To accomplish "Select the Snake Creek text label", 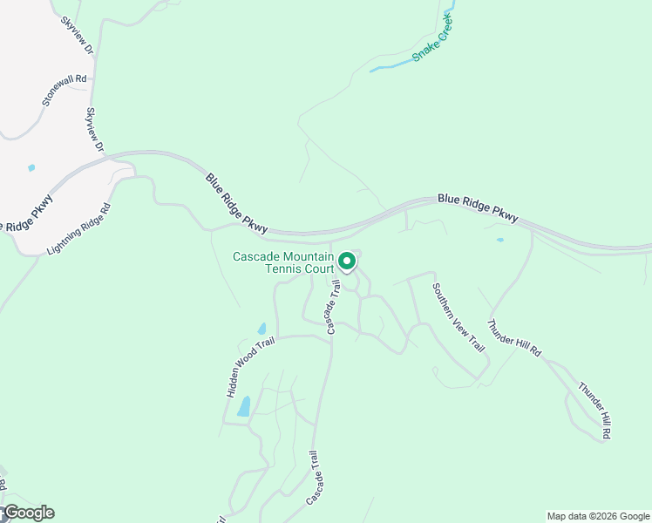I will click(434, 37).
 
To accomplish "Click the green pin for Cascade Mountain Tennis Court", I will click(347, 261).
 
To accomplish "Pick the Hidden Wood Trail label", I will click(251, 367).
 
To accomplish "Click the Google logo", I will click(28, 513).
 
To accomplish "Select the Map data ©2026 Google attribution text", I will click(597, 516).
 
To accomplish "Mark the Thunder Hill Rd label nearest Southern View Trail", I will click(514, 337).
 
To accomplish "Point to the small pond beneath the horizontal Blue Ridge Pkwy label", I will click(499, 240).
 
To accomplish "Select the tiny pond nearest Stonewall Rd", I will click(32, 167).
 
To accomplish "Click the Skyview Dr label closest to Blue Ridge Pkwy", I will click(94, 132).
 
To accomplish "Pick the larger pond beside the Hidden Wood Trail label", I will click(244, 406).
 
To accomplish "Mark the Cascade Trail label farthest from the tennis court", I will click(319, 479).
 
